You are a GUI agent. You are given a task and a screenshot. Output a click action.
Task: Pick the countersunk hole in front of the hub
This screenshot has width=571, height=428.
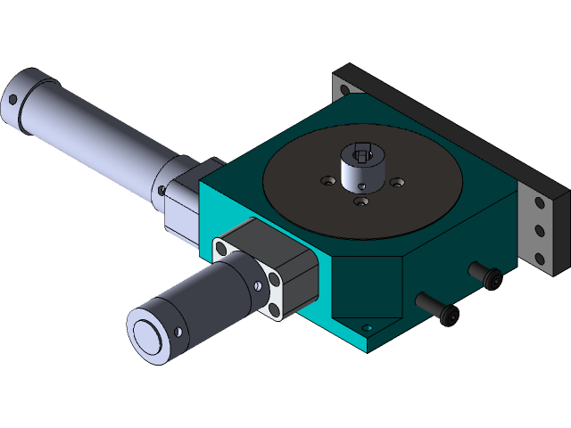(x=360, y=202)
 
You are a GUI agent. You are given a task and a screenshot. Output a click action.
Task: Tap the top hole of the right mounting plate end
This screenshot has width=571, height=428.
(x=539, y=202)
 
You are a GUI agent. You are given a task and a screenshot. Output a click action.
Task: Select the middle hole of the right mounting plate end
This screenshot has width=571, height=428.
(x=539, y=231)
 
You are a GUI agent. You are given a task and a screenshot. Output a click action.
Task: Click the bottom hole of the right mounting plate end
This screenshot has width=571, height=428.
(x=539, y=259)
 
